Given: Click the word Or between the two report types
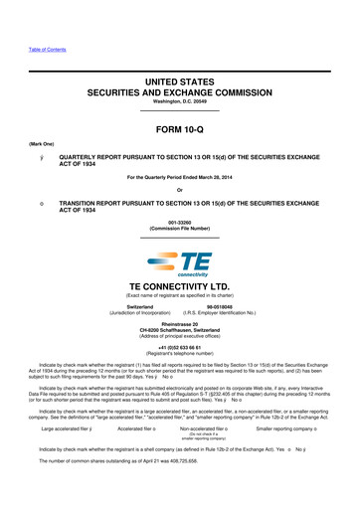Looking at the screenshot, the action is pos(180,192).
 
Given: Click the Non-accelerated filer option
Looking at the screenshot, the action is pos(220,431).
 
